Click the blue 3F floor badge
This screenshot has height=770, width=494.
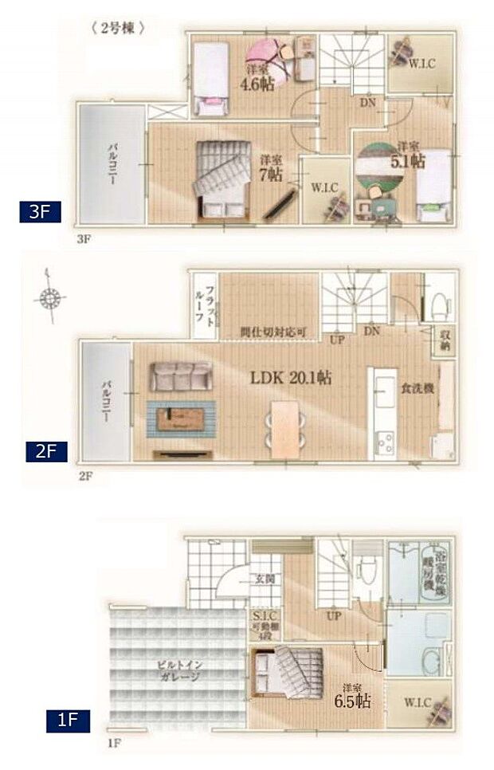(41, 212)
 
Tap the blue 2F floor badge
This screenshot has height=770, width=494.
(45, 451)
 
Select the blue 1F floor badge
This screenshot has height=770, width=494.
(67, 722)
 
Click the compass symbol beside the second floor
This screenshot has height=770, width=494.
(49, 300)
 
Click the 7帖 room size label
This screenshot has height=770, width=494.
(271, 169)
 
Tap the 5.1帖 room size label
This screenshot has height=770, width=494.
(410, 158)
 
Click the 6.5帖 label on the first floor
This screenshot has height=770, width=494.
(351, 700)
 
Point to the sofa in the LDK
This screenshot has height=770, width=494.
(182, 376)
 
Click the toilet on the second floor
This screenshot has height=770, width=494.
(435, 297)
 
